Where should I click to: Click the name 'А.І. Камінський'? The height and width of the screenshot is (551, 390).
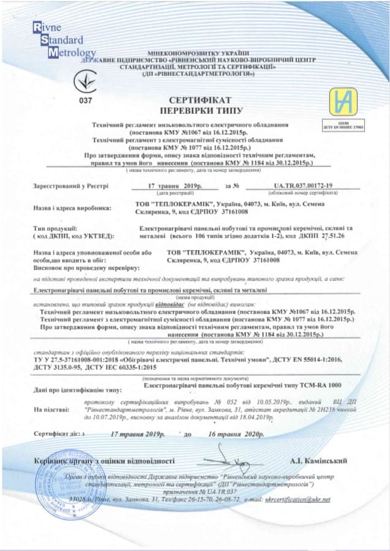(319, 460)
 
